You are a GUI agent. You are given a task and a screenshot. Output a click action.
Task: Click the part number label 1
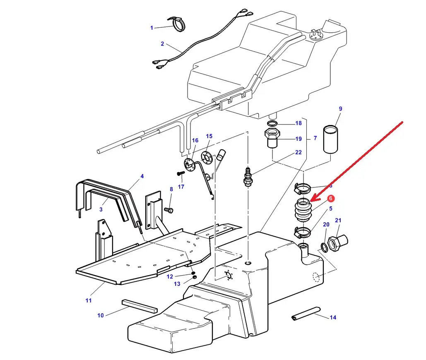152,28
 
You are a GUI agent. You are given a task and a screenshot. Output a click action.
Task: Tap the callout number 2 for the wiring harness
162,43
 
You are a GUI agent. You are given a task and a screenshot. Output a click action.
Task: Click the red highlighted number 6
331,199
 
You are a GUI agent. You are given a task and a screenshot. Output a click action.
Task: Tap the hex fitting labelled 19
272,139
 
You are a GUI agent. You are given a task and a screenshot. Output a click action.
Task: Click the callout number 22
298,152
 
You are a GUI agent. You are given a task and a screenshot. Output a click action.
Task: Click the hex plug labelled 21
338,240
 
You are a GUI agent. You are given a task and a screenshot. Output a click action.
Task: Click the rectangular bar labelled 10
140,306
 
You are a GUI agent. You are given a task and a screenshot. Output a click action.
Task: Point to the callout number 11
89,300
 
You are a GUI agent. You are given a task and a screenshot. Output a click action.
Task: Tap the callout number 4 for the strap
142,176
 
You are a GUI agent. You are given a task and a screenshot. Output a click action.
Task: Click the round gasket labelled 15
206,156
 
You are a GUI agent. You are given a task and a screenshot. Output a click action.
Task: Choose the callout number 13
177,284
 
